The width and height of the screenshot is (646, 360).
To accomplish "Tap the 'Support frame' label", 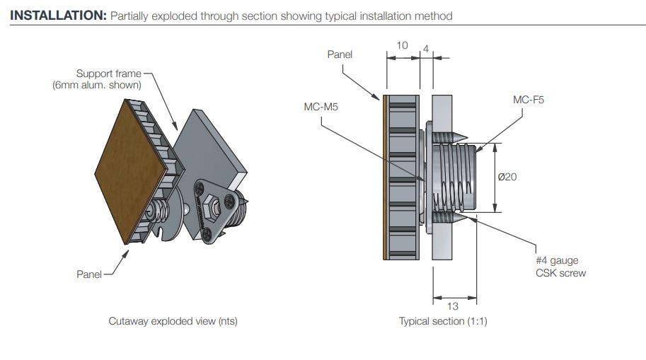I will tap(109, 74).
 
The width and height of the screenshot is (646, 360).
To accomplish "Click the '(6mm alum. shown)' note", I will tap(97, 85).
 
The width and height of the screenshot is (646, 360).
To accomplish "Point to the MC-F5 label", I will tap(529, 100).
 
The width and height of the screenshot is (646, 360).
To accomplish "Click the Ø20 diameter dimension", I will tap(507, 177).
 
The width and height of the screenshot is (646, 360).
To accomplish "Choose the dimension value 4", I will tap(425, 49).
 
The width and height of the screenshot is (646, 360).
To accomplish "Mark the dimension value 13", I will tap(452, 306).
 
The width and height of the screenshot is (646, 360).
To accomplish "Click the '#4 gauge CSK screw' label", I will tap(560, 267).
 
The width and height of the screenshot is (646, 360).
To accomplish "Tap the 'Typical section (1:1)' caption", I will tap(443, 321).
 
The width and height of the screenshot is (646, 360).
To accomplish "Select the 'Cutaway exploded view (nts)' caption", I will tap(173, 321).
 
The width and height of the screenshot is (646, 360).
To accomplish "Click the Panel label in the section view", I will tap(340, 54).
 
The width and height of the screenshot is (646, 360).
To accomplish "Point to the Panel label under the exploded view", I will tap(89, 274).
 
